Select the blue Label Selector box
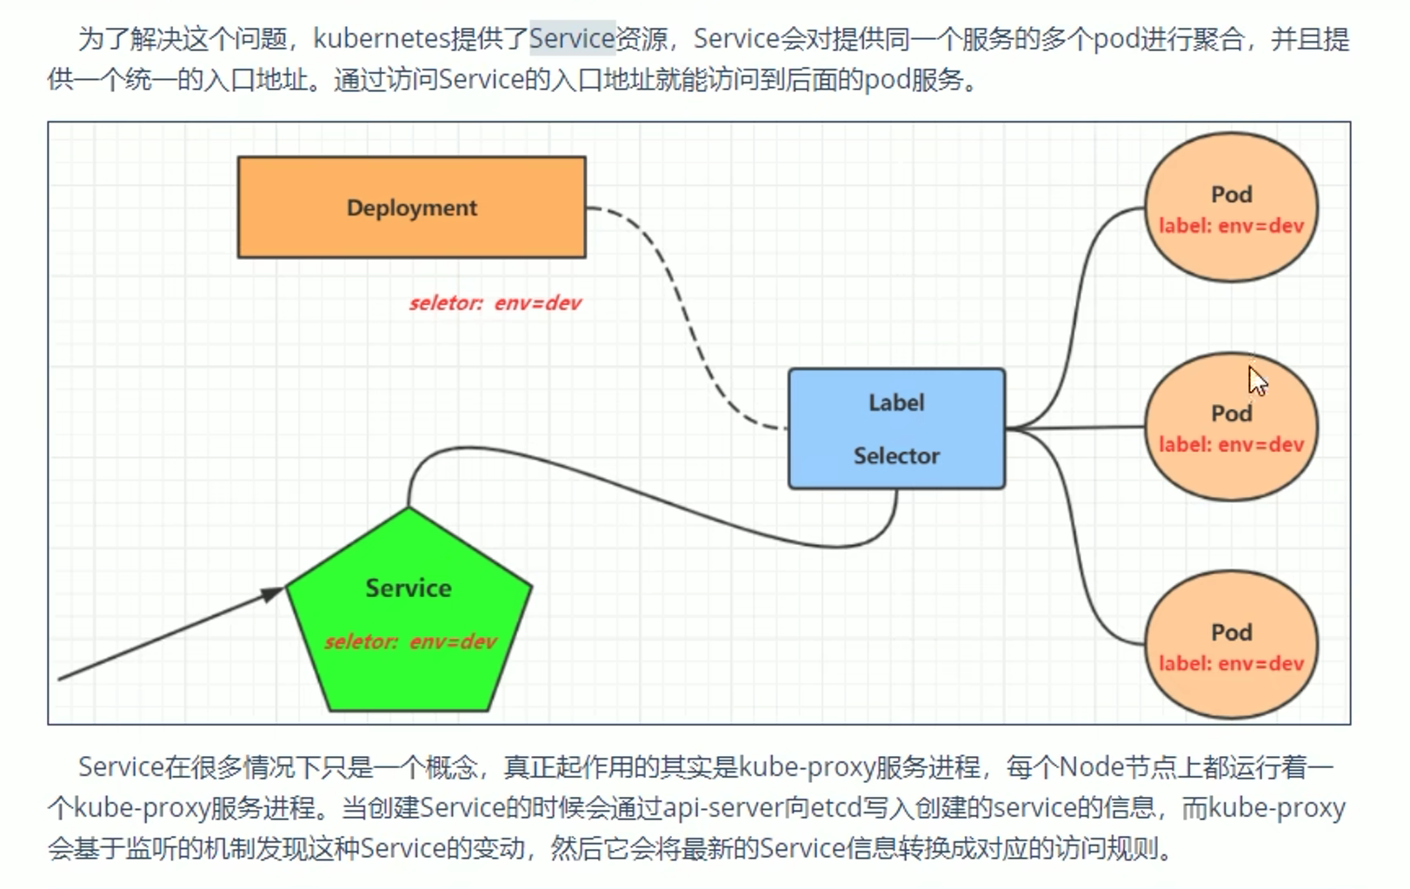pos(896,428)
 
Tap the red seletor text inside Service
pos(410,642)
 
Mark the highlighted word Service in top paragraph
pos(572,39)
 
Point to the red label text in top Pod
pos(1231,226)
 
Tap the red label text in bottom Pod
pos(1231,664)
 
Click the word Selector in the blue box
pos(896,456)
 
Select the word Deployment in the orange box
pos(411,208)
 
